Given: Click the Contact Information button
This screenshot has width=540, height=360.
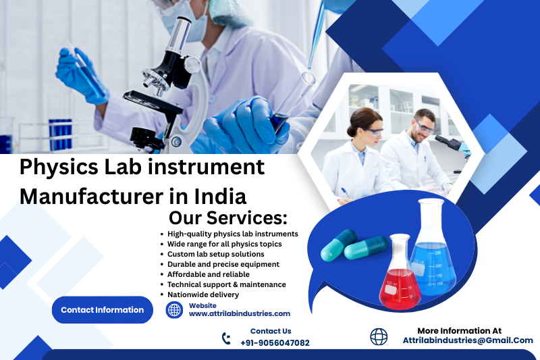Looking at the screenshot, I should point(102,310).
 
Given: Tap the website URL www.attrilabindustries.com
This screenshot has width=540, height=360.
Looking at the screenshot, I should point(239,313).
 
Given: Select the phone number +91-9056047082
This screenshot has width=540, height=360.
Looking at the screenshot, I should point(275,342).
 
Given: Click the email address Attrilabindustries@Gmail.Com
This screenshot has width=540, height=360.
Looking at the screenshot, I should point(468,340).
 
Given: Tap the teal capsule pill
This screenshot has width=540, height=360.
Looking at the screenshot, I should point(338,245).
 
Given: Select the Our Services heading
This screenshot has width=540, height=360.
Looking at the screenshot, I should point(227,218).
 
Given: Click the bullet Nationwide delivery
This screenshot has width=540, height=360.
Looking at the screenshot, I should point(203,294).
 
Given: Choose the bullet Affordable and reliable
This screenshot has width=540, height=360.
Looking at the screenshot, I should point(209,274).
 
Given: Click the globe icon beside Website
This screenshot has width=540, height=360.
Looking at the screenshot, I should point(175,310).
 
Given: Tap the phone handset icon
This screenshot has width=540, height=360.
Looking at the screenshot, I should point(226,338).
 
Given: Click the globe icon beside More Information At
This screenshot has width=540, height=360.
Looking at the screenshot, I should point(379,336).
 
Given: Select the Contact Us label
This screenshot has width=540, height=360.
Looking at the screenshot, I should point(271,331).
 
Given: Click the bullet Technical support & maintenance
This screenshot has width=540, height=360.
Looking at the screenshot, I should point(227,284).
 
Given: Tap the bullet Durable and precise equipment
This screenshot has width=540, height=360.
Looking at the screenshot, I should point(223,264).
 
